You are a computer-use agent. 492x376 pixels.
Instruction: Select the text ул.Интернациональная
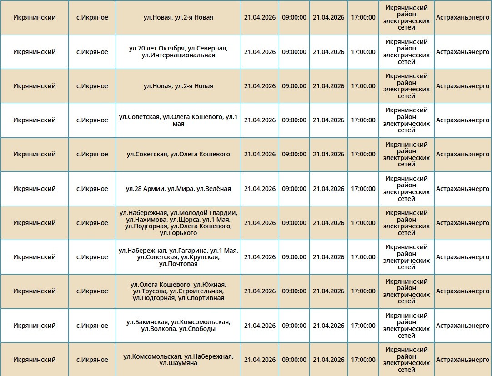[x=178, y=55]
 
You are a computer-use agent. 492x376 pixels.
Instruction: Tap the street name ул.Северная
[x=207, y=48]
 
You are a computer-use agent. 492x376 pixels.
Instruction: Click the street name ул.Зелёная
[x=214, y=189]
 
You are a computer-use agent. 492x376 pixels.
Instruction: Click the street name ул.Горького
[x=178, y=233]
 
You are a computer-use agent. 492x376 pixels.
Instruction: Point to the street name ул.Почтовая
[x=178, y=264]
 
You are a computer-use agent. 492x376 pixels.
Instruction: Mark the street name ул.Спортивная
[x=201, y=298]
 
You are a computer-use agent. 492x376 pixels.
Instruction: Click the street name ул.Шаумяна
[x=178, y=363]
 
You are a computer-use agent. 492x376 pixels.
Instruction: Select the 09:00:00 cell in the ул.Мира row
[x=294, y=189]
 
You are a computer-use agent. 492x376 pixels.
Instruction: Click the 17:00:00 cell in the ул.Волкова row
[x=363, y=326]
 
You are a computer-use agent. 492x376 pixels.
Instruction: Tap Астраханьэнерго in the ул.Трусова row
[x=462, y=291]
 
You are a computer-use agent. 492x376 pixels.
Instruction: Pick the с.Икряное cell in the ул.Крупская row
[x=92, y=257]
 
